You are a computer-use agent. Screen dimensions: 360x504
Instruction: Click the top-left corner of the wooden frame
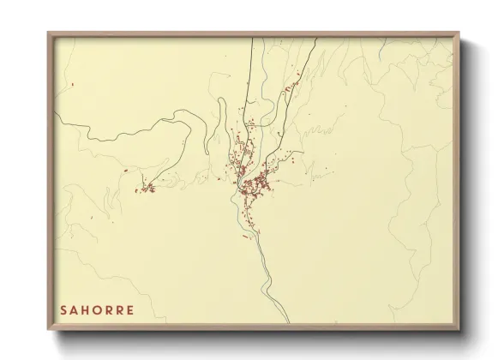pos(48,33)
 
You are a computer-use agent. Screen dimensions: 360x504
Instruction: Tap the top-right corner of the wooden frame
pos(459,33)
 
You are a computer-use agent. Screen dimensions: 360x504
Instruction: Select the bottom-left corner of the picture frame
pos(48,331)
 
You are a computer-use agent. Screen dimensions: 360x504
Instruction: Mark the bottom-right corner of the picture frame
pos(459,331)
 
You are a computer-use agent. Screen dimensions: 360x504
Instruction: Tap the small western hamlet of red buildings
pos(146,187)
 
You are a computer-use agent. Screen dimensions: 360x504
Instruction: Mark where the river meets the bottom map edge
pos(289,321)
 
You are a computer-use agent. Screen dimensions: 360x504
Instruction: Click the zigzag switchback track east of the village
pos(320,131)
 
